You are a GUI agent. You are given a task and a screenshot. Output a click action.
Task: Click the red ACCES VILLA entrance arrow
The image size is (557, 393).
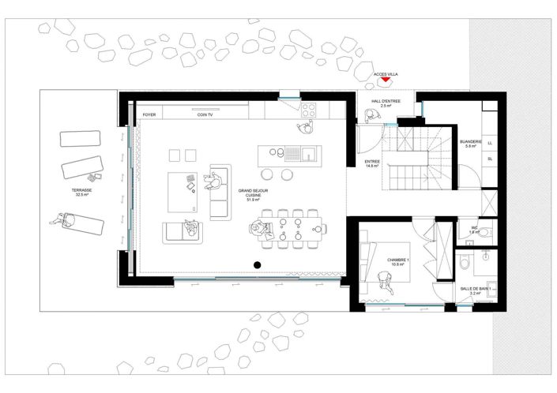pos(385,80)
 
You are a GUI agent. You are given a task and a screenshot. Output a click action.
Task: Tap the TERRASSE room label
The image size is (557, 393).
pos(81,193)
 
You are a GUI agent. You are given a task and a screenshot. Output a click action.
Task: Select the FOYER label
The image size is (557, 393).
pos(149,114)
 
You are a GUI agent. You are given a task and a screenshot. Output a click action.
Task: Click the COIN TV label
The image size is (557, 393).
pos(205,114)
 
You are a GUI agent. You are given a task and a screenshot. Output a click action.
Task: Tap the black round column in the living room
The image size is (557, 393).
pos(257,264)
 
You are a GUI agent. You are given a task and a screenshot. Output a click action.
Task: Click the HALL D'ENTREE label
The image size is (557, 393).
pos(386,103)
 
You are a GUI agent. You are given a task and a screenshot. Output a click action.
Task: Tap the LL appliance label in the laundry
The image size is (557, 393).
pos(491,143)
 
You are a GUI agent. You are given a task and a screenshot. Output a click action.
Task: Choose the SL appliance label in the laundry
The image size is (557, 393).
pos(491,159)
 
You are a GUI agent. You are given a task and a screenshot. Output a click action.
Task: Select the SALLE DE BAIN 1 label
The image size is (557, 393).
pos(476,290)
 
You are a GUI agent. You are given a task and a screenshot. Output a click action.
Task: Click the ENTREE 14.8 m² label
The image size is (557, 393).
pos(372,163)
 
